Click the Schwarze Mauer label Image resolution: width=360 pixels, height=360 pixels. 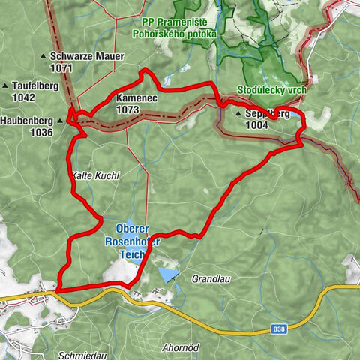click(72, 56)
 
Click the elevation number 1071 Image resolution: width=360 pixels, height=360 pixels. click(62, 67)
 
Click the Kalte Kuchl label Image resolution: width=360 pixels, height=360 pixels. click(95, 175)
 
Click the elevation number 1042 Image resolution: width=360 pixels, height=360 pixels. click(23, 97)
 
